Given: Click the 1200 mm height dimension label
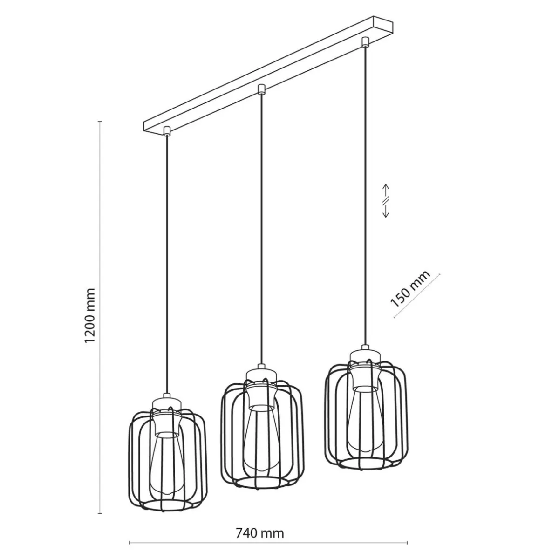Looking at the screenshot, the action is point(90,315).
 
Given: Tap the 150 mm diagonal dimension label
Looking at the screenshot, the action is point(410,289).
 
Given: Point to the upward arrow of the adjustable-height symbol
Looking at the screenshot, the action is point(386,191).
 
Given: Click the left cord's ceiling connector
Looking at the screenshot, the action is point(167,131).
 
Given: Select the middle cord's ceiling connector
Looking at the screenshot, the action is point(262,89).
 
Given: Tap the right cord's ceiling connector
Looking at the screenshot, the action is point(365,42).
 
